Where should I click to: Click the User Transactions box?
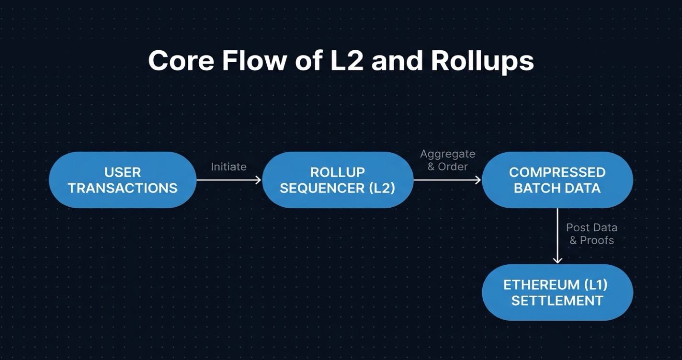pyautogui.click(x=123, y=180)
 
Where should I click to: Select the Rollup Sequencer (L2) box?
pyautogui.click(x=338, y=180)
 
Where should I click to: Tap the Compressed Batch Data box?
pyautogui.click(x=557, y=180)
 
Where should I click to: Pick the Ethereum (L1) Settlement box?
pyautogui.click(x=557, y=292)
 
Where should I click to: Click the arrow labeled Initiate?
pyautogui.click(x=229, y=180)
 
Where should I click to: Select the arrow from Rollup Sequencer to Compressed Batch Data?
pyautogui.click(x=447, y=180)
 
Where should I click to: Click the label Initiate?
pyautogui.click(x=228, y=167)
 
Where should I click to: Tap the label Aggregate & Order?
pyautogui.click(x=447, y=160)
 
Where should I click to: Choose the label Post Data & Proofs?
pyautogui.click(x=591, y=234)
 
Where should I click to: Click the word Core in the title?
pyautogui.click(x=180, y=61)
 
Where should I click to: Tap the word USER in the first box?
pyautogui.click(x=123, y=172)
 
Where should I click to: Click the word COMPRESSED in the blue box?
pyautogui.click(x=557, y=172)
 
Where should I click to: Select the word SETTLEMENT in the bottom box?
pyautogui.click(x=557, y=301)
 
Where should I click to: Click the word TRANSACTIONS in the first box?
pyautogui.click(x=123, y=188)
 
